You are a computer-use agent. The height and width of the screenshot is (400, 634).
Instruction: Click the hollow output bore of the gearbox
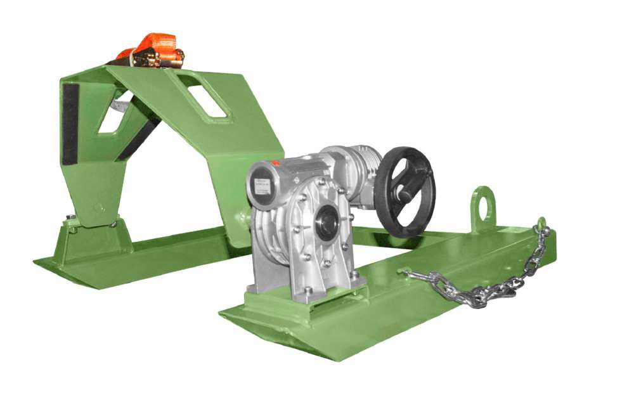click(327, 222)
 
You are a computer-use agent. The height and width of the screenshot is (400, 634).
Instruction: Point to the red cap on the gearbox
click(275, 163)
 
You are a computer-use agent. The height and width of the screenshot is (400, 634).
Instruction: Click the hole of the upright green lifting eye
click(484, 200)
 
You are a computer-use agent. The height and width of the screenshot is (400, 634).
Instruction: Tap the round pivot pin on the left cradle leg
click(96, 206)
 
